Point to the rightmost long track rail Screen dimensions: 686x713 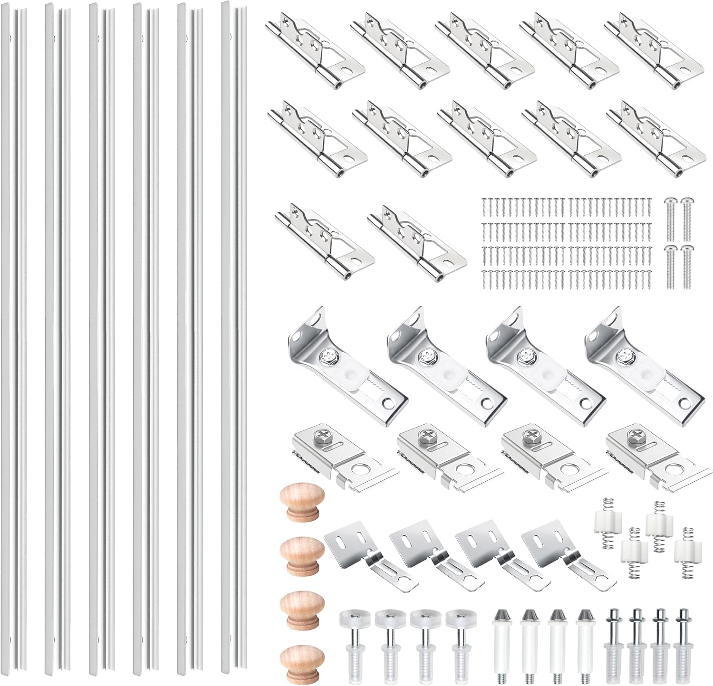pyautogui.click(x=234, y=333)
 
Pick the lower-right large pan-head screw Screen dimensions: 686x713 pyautogui.click(x=685, y=266)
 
